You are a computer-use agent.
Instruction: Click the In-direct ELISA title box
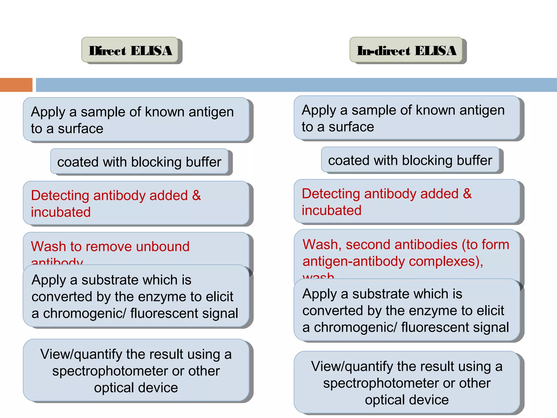[406, 50]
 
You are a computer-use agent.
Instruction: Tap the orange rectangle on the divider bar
[16, 85]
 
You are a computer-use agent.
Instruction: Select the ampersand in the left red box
[196, 195]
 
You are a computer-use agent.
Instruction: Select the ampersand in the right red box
[467, 193]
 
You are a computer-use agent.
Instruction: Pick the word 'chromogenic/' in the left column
[85, 313]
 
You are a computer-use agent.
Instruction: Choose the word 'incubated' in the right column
[332, 210]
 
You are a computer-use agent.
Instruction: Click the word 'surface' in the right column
[351, 127]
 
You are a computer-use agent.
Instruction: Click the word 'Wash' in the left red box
[48, 246]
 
